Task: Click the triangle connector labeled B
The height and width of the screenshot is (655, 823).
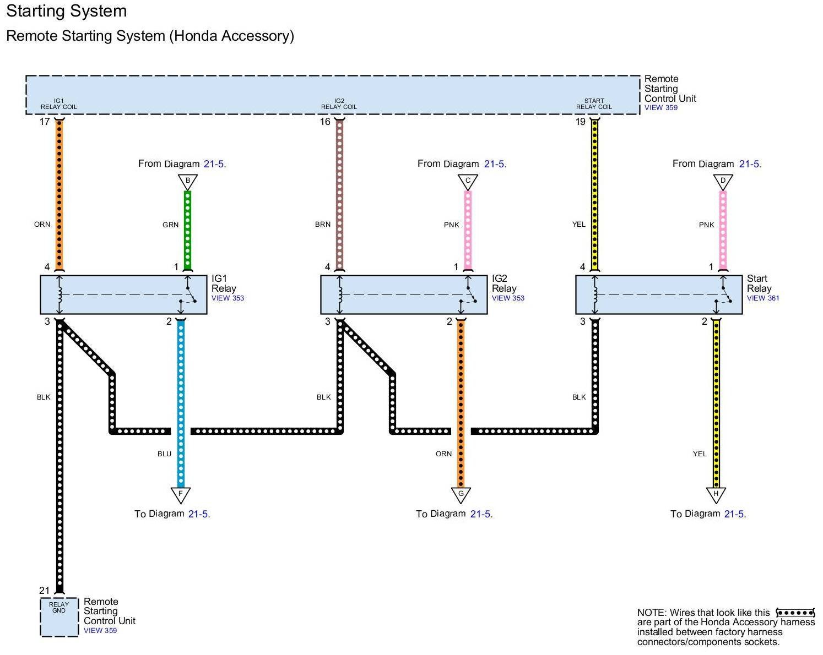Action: click(187, 182)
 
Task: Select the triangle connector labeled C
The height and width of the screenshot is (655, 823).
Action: click(467, 182)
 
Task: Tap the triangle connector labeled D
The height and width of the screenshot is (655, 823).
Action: click(722, 182)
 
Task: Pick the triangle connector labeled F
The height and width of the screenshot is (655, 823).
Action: click(181, 495)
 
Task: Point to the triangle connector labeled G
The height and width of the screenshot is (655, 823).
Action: click(461, 495)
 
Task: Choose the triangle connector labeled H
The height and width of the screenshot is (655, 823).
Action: click(716, 495)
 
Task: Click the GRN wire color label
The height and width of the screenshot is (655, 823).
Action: click(170, 225)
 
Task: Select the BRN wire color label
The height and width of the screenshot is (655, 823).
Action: click(322, 225)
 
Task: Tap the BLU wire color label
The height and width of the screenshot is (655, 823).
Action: click(164, 454)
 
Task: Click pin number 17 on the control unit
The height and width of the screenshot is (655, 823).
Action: click(45, 122)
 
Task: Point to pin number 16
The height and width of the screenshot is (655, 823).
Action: click(324, 122)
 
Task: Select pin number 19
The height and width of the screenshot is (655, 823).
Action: click(580, 122)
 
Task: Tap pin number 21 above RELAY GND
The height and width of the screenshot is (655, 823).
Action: click(45, 591)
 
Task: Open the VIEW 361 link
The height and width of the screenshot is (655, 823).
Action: click(762, 298)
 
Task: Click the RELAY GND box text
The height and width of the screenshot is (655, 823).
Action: click(59, 607)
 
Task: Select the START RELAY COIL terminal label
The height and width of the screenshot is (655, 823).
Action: click(593, 104)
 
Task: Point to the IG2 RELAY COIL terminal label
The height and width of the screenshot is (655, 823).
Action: click(339, 104)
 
